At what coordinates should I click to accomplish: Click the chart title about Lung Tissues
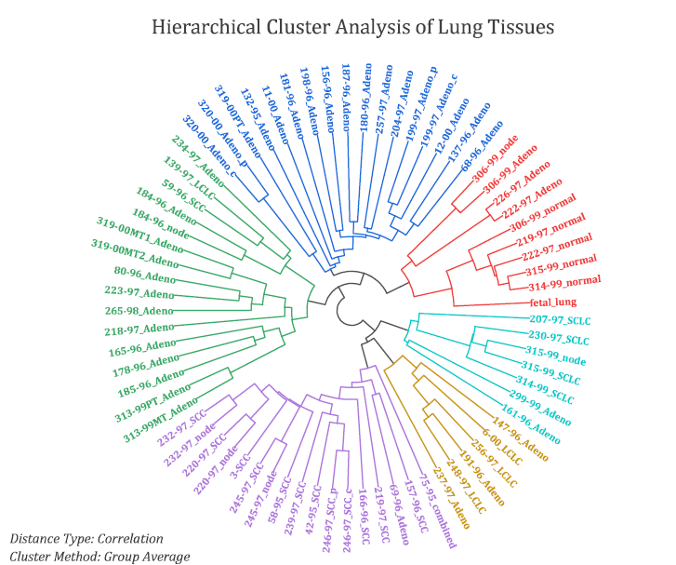click(x=352, y=27)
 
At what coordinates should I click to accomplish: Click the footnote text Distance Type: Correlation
click(x=86, y=539)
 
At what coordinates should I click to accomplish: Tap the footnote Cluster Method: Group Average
click(x=99, y=556)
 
